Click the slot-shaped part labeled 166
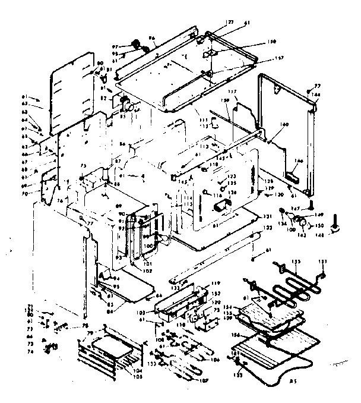292,177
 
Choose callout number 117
232,92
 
